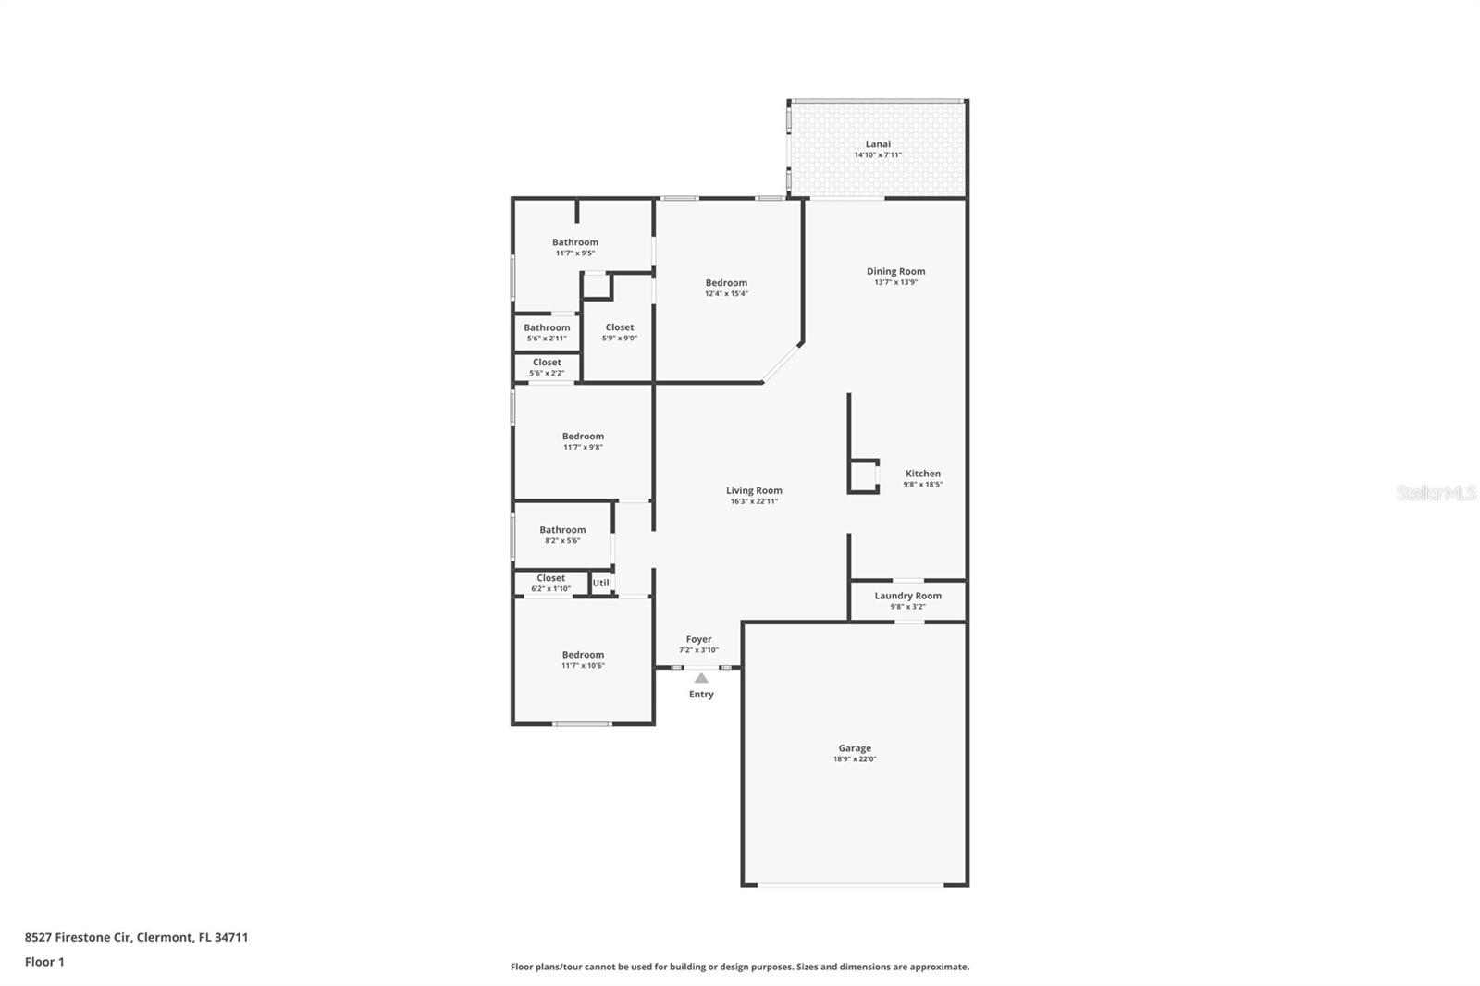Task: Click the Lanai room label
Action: (x=878, y=144)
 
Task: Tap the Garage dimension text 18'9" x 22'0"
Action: (x=855, y=759)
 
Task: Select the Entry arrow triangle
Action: (x=701, y=678)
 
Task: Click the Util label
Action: (x=601, y=583)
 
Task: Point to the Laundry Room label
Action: (x=907, y=596)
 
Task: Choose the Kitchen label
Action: (x=922, y=474)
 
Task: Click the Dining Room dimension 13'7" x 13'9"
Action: (x=895, y=283)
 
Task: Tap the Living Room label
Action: (x=754, y=491)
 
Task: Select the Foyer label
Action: (x=698, y=639)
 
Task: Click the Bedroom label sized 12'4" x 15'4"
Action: (x=726, y=283)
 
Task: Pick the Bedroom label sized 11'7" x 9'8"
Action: (x=583, y=437)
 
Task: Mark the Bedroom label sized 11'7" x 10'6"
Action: (x=583, y=655)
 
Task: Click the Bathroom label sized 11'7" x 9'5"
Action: (x=575, y=242)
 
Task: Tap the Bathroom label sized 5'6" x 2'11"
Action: (x=547, y=327)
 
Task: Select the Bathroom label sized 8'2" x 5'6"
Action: (x=562, y=530)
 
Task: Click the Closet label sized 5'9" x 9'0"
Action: (x=620, y=327)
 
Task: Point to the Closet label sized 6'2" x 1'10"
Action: (x=550, y=578)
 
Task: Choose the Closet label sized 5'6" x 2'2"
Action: (x=547, y=363)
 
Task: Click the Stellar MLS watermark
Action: (x=1436, y=494)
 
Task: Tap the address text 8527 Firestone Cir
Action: (x=80, y=937)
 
